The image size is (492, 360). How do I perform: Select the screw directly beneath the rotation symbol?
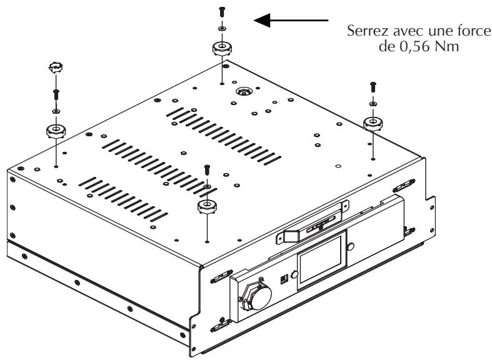coord(56,94)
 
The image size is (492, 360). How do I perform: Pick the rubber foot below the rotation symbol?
coord(56,131)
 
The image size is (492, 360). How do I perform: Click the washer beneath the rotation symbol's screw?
coord(56,111)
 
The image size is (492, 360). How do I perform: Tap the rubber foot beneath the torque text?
coord(373,122)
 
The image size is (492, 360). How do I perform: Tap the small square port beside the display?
coord(283,277)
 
